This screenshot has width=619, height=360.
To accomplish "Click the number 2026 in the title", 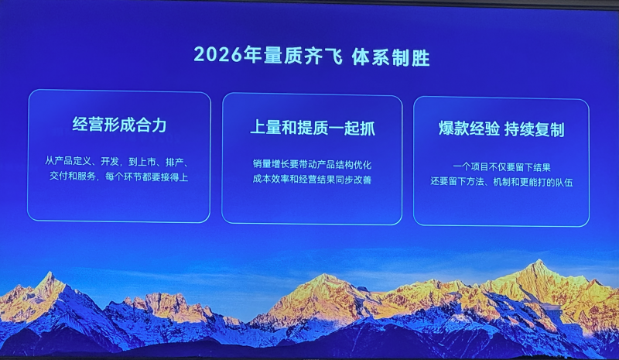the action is [217, 54].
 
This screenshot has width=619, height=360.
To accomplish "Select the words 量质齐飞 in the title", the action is [303, 56].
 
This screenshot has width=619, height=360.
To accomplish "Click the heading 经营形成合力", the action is [120, 125].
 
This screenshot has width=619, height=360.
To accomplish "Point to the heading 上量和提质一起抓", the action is [313, 128].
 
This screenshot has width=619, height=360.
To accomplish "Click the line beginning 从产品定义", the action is [117, 162].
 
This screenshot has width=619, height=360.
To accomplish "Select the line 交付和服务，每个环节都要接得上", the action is [119, 177].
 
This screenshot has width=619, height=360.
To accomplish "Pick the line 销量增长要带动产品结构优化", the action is [313, 164].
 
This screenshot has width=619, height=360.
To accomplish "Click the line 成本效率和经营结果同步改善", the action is [313, 180].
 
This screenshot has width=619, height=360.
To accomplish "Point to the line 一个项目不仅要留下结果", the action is [501, 167].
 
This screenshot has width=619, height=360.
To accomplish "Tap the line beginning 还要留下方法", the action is [501, 182].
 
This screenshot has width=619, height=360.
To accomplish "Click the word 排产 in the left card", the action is [175, 162].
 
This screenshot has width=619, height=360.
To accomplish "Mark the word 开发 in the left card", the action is [110, 161].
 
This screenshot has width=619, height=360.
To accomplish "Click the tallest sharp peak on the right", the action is [539, 261].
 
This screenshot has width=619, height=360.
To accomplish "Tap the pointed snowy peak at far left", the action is [50, 273].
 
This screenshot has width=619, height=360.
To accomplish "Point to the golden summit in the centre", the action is [324, 276].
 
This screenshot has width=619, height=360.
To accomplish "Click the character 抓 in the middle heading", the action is [368, 128].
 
